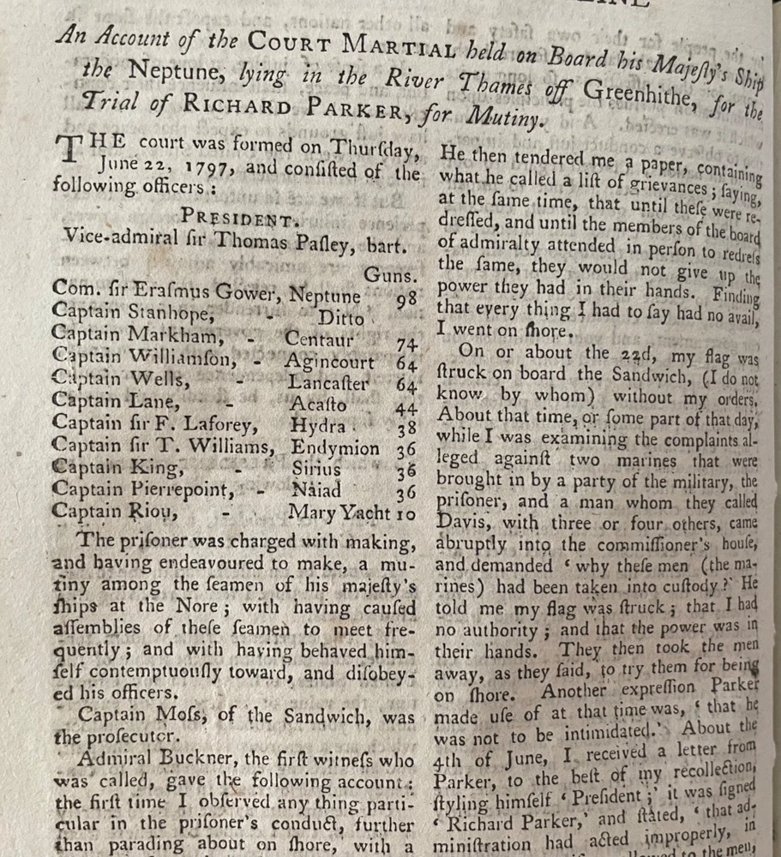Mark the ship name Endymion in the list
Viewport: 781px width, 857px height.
(335, 447)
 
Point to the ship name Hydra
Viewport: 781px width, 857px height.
(317, 426)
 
